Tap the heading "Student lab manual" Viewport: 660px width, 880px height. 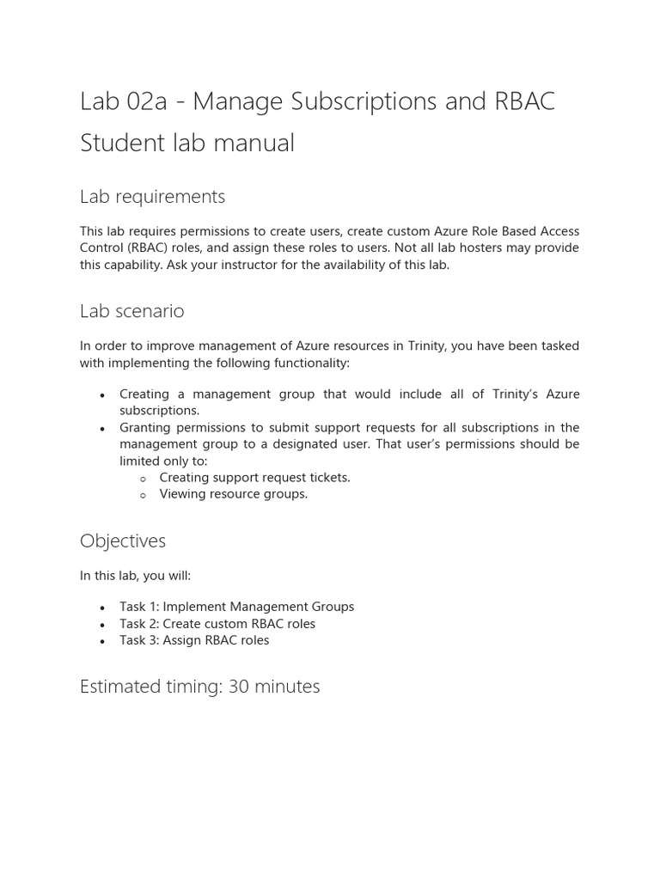click(186, 143)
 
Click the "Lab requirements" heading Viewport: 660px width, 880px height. click(152, 197)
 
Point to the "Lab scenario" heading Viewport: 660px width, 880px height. click(131, 311)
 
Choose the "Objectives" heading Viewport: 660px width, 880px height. click(122, 541)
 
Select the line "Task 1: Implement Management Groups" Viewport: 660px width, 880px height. click(236, 607)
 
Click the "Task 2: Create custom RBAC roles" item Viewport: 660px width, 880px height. click(217, 624)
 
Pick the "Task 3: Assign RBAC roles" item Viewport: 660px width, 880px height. click(194, 640)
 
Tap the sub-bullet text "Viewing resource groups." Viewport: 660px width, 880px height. click(233, 494)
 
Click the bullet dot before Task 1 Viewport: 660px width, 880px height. click(102, 608)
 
